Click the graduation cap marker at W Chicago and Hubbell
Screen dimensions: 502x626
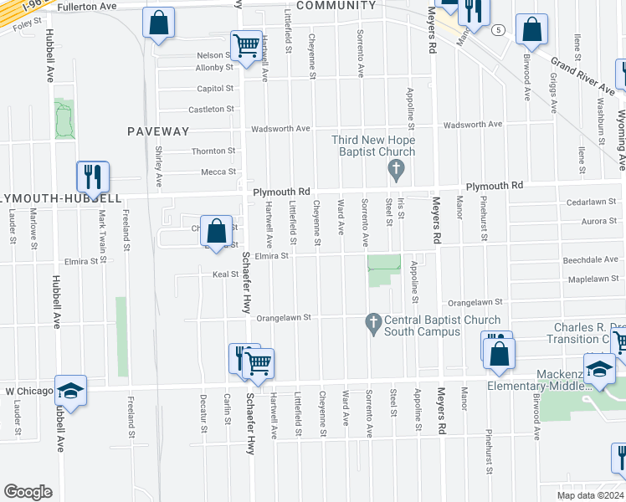click(71, 391)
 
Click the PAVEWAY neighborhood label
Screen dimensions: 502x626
click(158, 131)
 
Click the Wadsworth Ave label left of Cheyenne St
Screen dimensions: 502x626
click(281, 129)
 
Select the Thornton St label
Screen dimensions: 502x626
click(213, 151)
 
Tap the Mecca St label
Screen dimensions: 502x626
click(218, 172)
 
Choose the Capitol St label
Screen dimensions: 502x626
click(214, 88)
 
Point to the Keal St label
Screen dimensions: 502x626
click(225, 274)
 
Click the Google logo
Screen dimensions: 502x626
click(28, 492)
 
